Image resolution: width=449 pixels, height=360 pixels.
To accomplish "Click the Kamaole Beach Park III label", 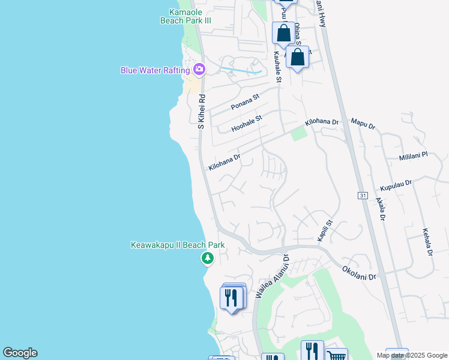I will pyautogui.click(x=185, y=16).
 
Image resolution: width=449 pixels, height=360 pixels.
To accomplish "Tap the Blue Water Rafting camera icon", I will pyautogui.click(x=199, y=70).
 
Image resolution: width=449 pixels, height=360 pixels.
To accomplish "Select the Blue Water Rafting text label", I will pyautogui.click(x=155, y=70).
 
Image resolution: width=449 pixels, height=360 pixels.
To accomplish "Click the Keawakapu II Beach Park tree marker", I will pyautogui.click(x=207, y=259).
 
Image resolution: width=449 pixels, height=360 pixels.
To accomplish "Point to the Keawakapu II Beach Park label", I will pyautogui.click(x=178, y=245).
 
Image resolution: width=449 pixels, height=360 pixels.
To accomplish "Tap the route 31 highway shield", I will pyautogui.click(x=362, y=196).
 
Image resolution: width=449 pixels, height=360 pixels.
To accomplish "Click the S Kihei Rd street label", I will pyautogui.click(x=202, y=111).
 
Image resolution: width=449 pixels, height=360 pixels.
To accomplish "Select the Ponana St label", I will pyautogui.click(x=245, y=101).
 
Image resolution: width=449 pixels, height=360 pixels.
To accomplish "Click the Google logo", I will pyautogui.click(x=20, y=353).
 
